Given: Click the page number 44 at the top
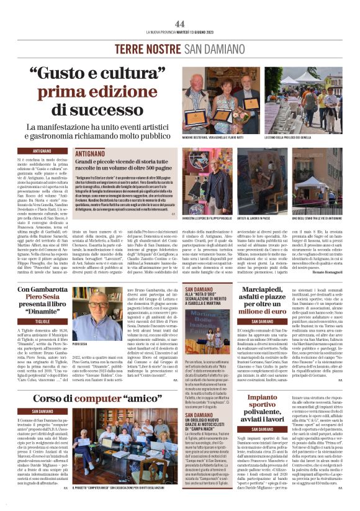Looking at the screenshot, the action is click(180, 24).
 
